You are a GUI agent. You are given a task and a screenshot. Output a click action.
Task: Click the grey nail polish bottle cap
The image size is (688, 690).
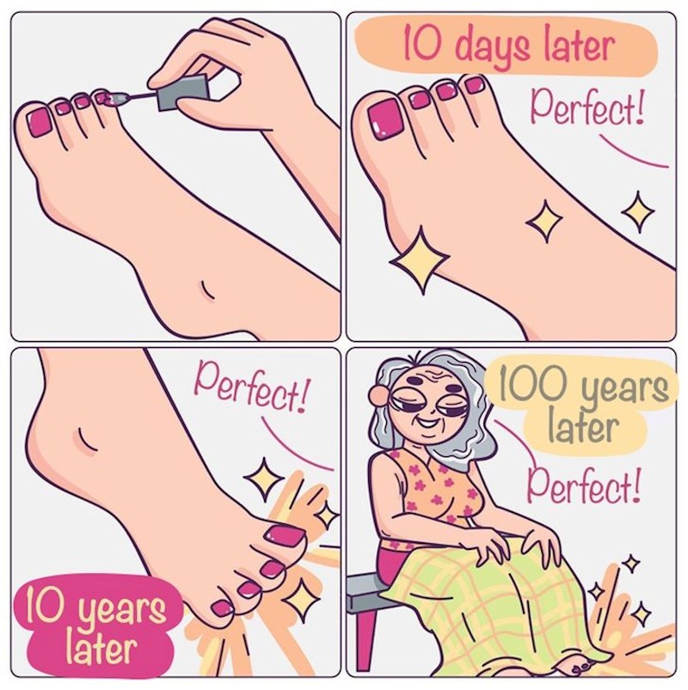[x=181, y=92]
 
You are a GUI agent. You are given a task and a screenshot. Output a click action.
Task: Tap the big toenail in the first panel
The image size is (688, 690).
[x=40, y=123]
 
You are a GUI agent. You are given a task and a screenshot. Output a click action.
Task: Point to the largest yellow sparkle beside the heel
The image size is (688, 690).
[x=421, y=260]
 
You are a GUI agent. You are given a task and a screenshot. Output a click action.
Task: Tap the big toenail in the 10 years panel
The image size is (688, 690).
[x=284, y=537]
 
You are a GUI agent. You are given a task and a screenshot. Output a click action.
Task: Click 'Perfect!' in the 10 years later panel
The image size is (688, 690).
[x=252, y=388]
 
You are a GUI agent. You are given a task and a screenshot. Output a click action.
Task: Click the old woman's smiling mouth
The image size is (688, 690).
[x=428, y=424]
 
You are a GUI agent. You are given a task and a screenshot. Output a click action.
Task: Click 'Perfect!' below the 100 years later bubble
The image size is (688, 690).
[x=584, y=485]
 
